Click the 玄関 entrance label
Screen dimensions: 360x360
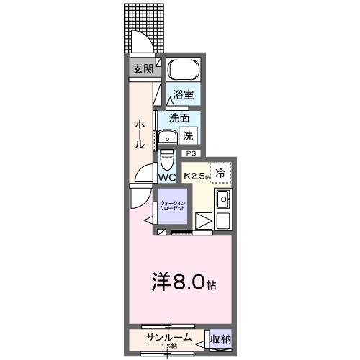143,70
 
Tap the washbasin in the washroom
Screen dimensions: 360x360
168,137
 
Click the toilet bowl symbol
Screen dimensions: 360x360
167,157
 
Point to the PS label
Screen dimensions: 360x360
192,153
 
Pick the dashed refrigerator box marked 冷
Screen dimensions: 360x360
220,173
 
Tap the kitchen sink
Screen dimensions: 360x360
223,200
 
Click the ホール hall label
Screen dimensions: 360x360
140,134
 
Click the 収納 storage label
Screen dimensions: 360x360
220,339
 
